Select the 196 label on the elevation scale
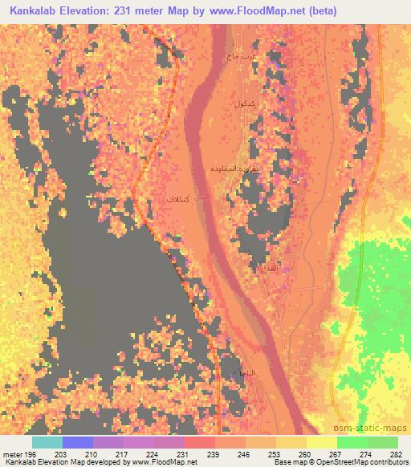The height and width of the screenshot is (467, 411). click(31, 453)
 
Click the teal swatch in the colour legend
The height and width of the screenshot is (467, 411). click(47, 442)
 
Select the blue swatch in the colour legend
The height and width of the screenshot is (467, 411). click(77, 442)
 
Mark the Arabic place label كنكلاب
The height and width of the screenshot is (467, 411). click(177, 198)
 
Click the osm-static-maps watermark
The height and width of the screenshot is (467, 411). click(378, 428)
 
